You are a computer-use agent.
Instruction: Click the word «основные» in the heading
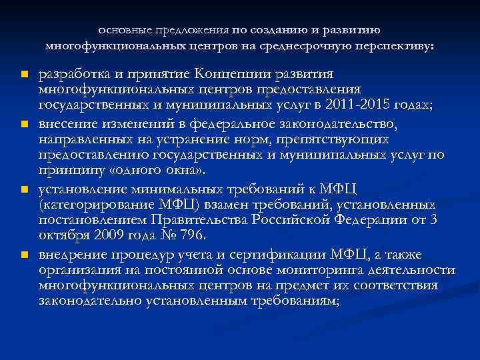coord(123,30)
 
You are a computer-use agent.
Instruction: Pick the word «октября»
coord(62,237)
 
